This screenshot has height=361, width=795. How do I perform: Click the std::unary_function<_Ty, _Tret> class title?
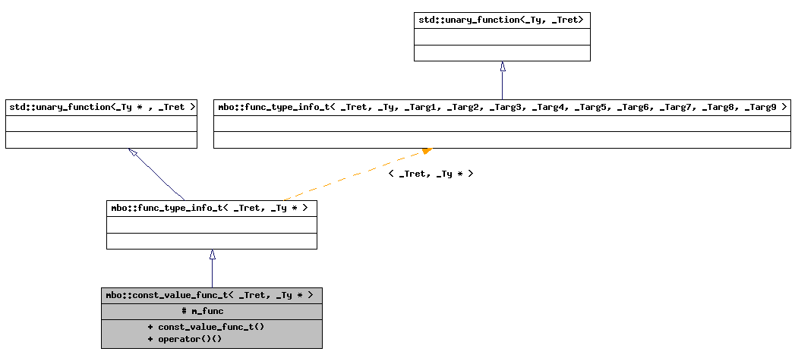click(501, 20)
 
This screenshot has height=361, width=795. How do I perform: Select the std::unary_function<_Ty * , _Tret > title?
click(101, 107)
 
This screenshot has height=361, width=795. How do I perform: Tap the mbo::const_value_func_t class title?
click(211, 295)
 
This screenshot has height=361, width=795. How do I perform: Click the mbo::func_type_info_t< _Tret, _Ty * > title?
click(211, 208)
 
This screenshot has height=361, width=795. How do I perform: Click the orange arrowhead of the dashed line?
click(427, 151)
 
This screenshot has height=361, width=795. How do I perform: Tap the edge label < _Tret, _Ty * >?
click(431, 174)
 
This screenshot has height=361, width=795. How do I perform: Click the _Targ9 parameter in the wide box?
click(759, 107)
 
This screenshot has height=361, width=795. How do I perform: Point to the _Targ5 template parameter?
click(591, 107)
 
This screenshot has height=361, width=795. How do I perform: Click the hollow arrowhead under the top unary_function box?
click(502, 67)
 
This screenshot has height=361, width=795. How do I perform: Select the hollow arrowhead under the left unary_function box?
click(134, 152)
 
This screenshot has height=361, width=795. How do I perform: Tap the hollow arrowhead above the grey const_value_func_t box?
click(212, 255)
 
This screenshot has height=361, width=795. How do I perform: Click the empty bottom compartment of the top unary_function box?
click(501, 53)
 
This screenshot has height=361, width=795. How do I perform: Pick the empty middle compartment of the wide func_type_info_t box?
click(501, 123)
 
